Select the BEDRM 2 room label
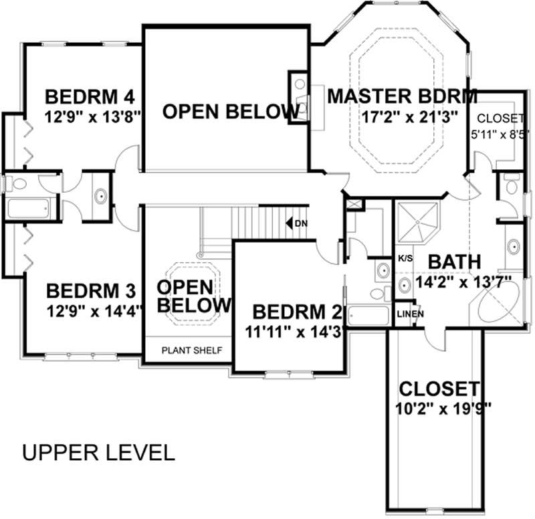tap(296, 311)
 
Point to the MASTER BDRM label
tap(402, 96)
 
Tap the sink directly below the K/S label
tap(405, 286)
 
